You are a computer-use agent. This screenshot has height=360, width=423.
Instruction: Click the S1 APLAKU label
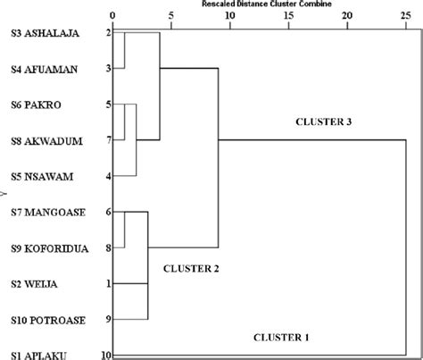tap(37, 355)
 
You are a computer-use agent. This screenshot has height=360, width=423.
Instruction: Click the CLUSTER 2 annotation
tap(190, 266)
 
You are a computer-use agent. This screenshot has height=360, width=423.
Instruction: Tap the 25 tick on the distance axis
tap(406, 15)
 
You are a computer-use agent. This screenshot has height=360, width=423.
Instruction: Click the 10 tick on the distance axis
tap(230, 15)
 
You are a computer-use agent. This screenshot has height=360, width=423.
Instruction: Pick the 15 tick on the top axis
tap(289, 15)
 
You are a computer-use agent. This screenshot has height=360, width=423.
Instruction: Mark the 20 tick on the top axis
tap(348, 15)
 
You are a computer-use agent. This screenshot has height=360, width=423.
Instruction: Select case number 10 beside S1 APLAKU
tap(106, 355)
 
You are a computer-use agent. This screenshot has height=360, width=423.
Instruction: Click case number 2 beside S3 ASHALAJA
tap(108, 33)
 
